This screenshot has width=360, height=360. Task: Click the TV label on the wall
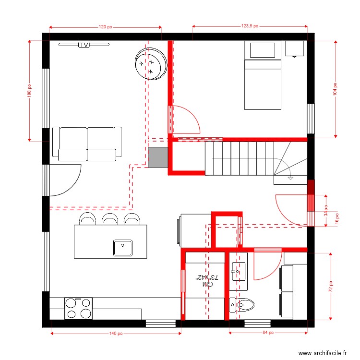click(x=84, y=45)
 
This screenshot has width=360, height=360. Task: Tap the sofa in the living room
click(x=87, y=144)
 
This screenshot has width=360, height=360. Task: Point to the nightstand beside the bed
click(x=294, y=48)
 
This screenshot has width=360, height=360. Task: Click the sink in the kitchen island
click(x=123, y=248)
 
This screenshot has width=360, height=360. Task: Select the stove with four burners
click(x=78, y=308)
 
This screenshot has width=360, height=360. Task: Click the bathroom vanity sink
click(x=237, y=272)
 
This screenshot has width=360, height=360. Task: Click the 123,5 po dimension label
click(x=250, y=26)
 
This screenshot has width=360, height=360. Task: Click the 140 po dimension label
click(x=116, y=333)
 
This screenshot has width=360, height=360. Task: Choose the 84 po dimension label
click(x=268, y=332)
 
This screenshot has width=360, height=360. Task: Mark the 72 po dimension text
click(x=331, y=286)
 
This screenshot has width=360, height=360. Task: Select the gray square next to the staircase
click(x=157, y=157)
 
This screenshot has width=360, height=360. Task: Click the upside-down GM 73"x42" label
click(x=207, y=281)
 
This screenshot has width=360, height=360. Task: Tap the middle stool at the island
click(x=109, y=219)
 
